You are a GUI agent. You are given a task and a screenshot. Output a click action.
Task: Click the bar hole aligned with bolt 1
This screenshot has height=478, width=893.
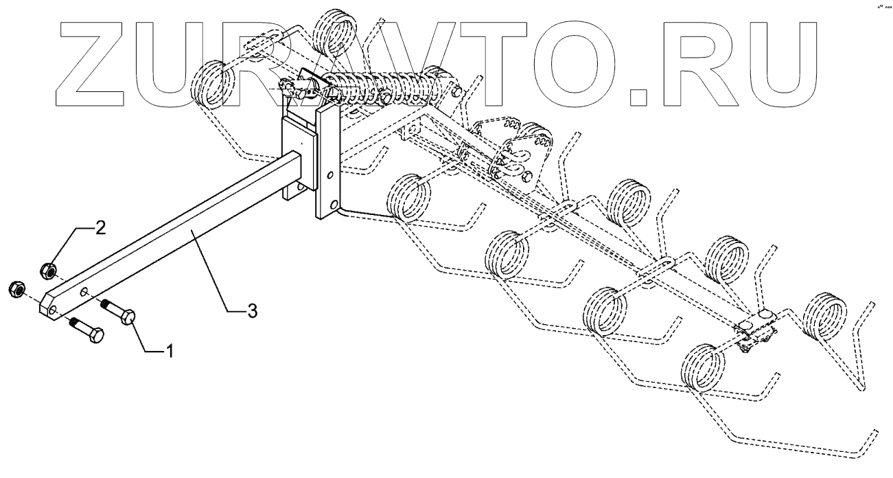[83, 293]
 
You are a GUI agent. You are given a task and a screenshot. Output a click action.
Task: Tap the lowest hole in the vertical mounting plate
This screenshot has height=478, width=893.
[334, 205]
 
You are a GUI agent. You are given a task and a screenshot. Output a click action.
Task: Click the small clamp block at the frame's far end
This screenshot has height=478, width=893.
[754, 328]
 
